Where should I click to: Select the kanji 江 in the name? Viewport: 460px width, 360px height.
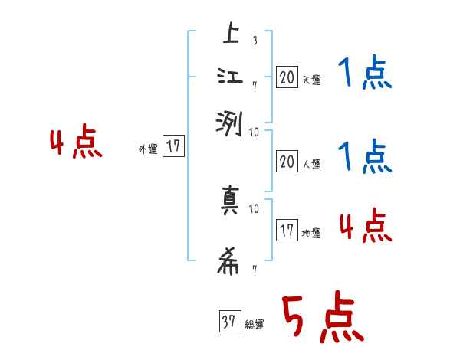click(229, 78)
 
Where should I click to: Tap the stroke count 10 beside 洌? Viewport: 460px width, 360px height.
click(255, 132)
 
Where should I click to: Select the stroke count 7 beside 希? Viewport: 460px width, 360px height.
click(254, 270)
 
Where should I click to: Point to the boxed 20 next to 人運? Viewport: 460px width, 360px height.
click(287, 161)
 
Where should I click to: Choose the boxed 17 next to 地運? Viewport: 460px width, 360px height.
click(287, 230)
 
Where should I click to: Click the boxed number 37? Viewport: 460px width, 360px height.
click(229, 322)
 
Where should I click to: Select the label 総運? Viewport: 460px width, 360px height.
click(255, 325)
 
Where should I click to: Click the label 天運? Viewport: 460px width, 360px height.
click(311, 79)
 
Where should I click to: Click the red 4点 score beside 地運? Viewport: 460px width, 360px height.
click(365, 227)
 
